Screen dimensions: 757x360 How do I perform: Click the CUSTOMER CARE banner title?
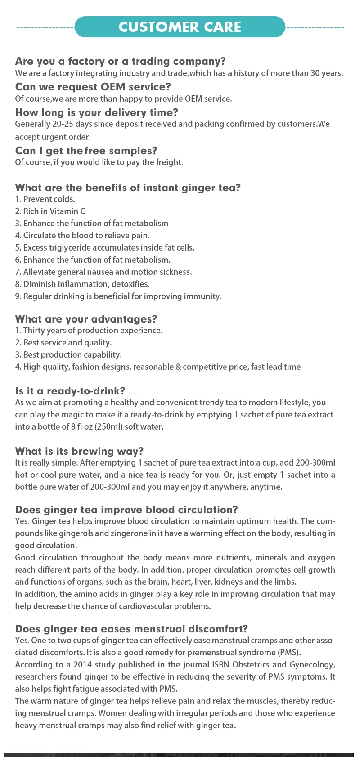(180, 27)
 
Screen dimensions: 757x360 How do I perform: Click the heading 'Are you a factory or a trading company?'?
(120, 61)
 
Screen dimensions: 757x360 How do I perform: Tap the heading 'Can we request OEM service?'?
(93, 87)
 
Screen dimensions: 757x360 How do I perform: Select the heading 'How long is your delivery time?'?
(97, 112)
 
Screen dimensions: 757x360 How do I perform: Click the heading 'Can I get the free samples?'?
(86, 151)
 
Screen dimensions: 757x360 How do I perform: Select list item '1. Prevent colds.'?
(45, 199)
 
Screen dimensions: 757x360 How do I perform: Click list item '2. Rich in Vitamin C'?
(50, 211)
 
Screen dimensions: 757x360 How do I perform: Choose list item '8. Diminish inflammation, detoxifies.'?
(82, 284)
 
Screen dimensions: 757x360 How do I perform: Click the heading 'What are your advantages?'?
(86, 319)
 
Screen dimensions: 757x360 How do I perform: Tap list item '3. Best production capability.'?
(68, 355)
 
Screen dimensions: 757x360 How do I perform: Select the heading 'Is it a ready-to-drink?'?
(70, 391)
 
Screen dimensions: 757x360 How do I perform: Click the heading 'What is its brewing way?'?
(79, 451)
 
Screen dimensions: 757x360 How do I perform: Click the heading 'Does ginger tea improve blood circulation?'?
(126, 510)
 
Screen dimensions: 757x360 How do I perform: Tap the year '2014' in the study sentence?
(83, 665)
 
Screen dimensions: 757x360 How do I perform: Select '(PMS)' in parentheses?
(289, 653)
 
